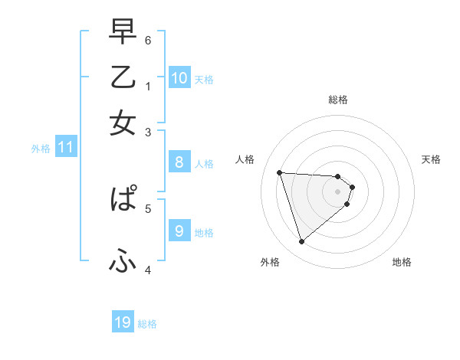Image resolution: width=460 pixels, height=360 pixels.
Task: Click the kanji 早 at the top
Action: coord(123,31)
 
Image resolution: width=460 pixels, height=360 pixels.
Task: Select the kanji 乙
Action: coord(123,77)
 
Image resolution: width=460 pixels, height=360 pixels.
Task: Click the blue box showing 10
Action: coord(179,77)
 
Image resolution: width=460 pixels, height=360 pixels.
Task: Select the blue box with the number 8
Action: coord(179,162)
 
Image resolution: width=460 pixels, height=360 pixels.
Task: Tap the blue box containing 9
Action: coord(179,231)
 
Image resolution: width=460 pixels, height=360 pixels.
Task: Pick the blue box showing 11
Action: coord(65,146)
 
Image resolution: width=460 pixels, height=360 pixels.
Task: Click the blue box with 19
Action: coord(123,322)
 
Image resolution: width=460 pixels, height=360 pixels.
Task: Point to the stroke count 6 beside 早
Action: coord(148,40)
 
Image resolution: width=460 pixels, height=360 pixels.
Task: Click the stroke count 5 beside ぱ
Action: coord(148,208)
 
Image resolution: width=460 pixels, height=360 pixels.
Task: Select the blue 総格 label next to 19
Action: coord(147,324)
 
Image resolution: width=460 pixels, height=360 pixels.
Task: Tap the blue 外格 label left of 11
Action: coord(41,149)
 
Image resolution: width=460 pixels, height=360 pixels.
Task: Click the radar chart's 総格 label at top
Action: coord(337,100)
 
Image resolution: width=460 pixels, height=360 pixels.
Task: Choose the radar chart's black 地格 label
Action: coord(402,262)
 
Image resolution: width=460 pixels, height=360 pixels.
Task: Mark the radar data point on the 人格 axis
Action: coord(280,172)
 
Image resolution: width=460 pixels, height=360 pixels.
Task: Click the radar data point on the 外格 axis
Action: coord(301,242)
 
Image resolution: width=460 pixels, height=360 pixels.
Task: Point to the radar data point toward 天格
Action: coord(352,186)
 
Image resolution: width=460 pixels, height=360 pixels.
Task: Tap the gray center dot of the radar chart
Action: coord(337,191)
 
